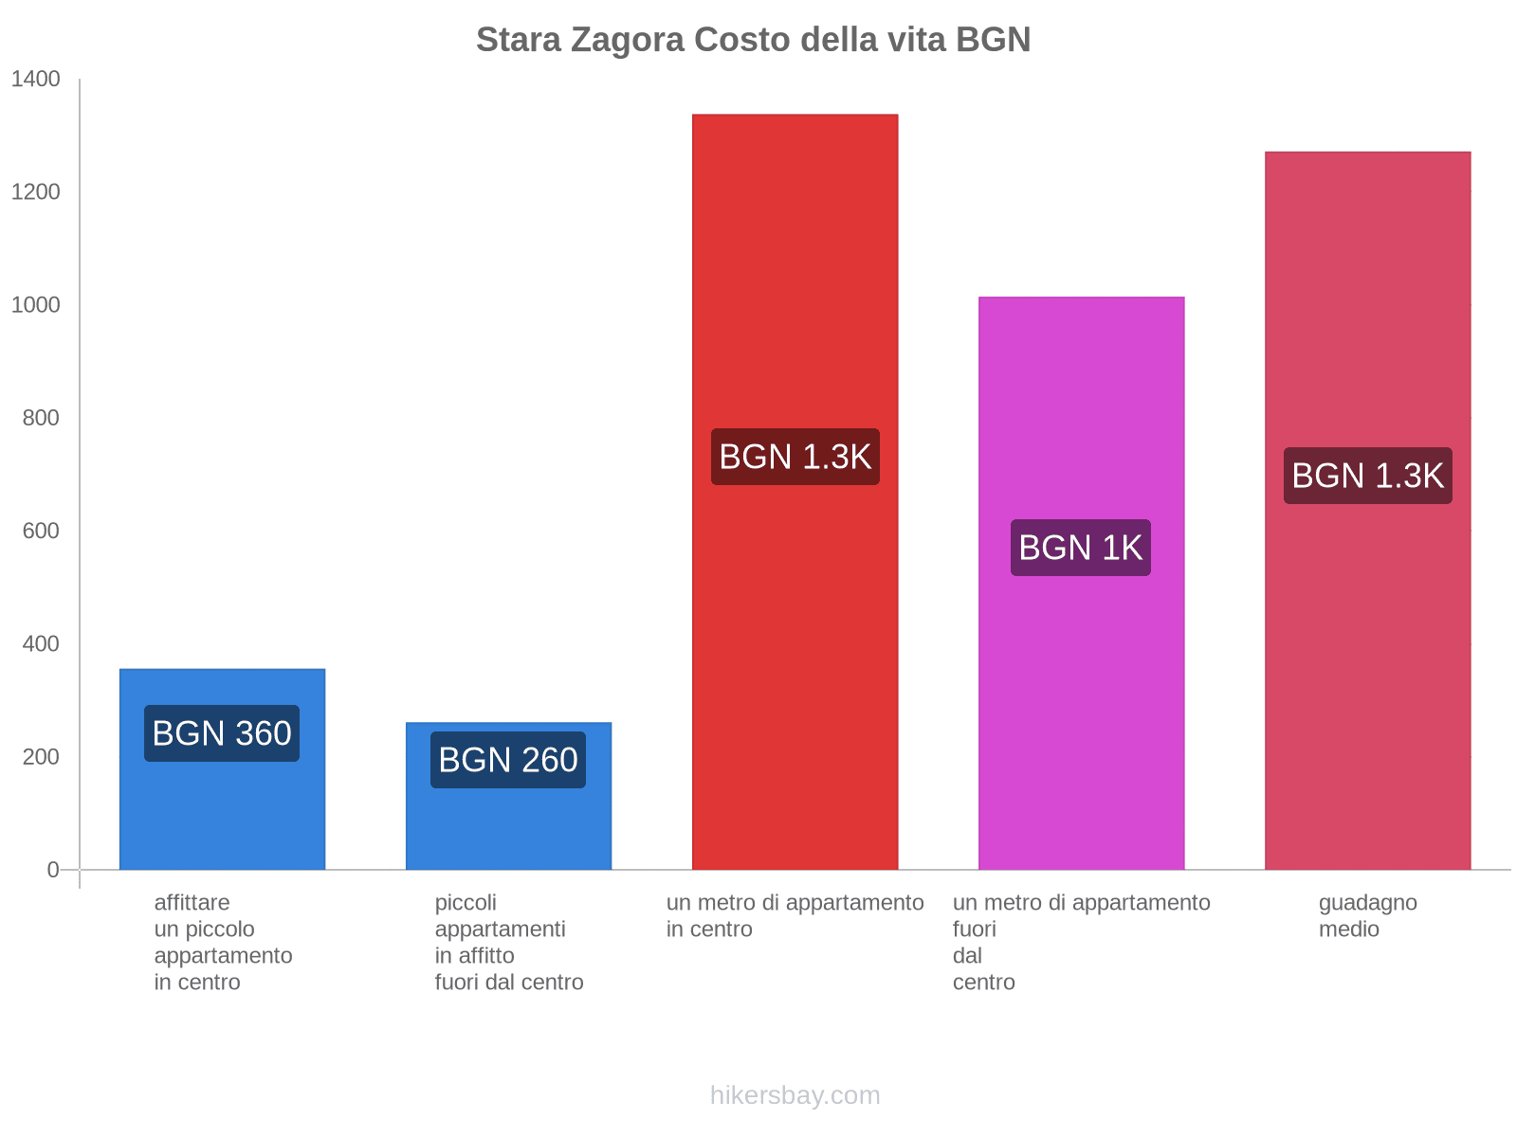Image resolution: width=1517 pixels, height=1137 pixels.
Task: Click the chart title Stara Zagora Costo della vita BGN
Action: coord(753,40)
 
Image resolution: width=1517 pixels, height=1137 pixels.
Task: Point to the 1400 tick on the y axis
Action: coord(36,80)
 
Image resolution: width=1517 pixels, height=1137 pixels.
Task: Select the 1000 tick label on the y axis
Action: coord(36,305)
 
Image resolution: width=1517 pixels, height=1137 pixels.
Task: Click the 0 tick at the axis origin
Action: coord(53,869)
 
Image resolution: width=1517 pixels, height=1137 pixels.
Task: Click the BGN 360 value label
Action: coord(222,733)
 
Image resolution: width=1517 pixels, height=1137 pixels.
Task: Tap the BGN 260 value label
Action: coord(508,760)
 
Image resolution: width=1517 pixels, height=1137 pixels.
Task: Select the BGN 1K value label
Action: coord(1081,548)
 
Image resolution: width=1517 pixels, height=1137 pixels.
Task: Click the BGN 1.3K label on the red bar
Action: coord(795,457)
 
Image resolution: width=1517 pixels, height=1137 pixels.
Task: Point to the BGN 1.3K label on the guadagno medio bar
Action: coord(1367,476)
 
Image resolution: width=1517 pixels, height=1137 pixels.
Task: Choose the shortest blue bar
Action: coord(508,824)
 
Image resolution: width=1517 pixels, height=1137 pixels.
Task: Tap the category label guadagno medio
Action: coord(1367,915)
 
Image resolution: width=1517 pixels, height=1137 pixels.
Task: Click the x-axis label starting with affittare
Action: coord(223,942)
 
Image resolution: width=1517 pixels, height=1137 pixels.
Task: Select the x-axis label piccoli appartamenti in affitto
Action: coord(508,942)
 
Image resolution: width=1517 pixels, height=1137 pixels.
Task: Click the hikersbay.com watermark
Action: coord(795,1095)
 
